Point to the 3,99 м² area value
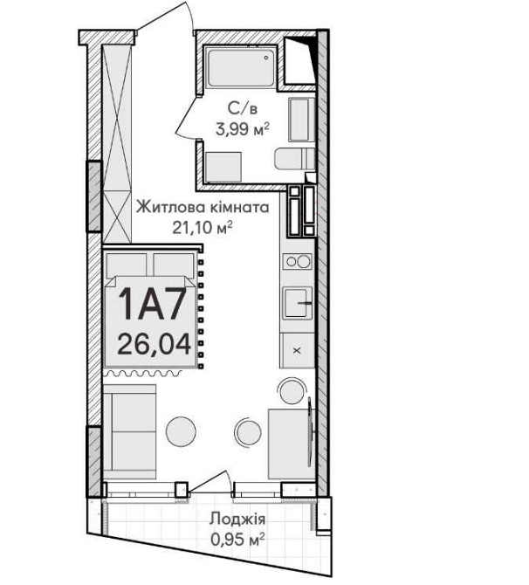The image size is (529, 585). [242, 129]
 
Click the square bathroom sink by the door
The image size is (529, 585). [224, 165]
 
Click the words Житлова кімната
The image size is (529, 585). [202, 210]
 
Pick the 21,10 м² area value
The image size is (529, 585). [203, 229]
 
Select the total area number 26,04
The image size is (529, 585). [154, 342]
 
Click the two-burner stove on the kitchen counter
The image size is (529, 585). [297, 261]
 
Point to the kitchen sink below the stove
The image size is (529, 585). [297, 304]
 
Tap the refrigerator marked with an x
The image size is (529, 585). [297, 349]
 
